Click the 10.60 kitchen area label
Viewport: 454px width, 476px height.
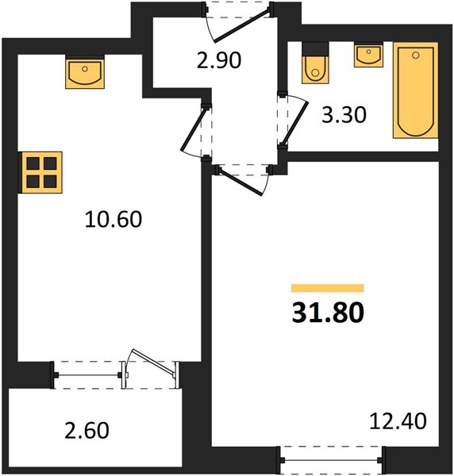pos(113,219)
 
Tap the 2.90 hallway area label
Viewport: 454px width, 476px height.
pos(219,60)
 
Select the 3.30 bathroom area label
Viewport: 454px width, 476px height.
pos(344,115)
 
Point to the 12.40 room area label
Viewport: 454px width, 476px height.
pos(398,421)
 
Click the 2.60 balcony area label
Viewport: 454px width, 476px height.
pos(87,430)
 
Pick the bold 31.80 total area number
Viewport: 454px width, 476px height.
pos(328,313)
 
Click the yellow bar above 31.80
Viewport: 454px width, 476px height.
pos(328,288)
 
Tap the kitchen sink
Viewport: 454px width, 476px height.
pos(85,72)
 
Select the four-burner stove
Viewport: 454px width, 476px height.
pos(40,172)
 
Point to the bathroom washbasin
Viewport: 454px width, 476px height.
pos(368,55)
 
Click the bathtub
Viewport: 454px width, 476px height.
pos(415,90)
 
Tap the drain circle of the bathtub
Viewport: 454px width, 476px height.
pos(416,56)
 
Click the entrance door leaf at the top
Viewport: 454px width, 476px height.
pos(241,25)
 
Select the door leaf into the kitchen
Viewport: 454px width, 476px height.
pos(194,129)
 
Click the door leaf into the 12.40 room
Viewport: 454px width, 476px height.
pos(240,182)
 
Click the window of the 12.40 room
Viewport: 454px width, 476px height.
pos(331,460)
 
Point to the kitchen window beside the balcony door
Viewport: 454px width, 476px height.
pos(88,375)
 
